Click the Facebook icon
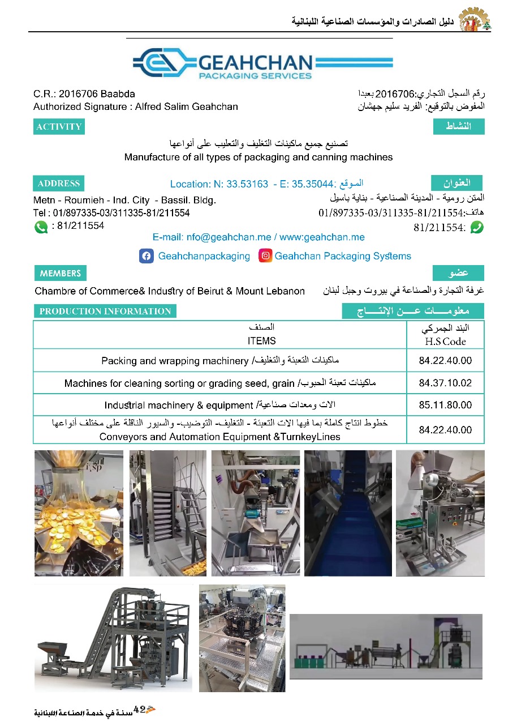click(146, 256)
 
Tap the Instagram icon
click(265, 256)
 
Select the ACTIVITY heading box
click(59, 127)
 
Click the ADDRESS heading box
click(59, 184)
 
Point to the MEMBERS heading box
click(61, 274)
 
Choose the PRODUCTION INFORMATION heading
click(105, 311)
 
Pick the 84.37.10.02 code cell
click(445, 383)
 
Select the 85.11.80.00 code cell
click(445, 405)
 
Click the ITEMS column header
click(261, 340)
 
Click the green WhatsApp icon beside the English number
click(41, 227)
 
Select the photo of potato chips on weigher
click(79, 513)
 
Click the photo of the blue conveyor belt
click(348, 513)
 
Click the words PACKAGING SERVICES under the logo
click(256, 75)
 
